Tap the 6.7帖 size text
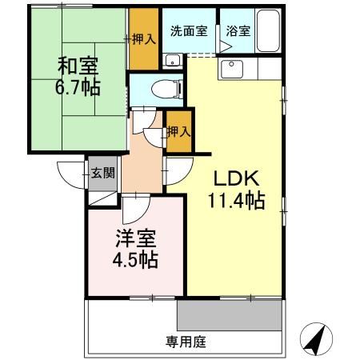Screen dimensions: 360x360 click(78, 86)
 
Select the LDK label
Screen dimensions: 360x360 click(234, 178)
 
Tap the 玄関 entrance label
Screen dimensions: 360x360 click(102, 172)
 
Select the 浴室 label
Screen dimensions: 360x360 click(238, 32)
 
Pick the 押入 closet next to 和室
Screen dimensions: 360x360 click(144, 38)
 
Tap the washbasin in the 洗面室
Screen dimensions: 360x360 click(170, 62)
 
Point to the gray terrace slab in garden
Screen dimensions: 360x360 click(229, 315)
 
